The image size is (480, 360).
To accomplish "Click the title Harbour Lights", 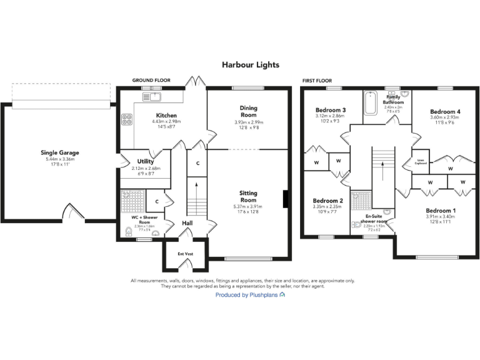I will click(250, 64).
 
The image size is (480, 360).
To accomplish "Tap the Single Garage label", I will click(60, 152).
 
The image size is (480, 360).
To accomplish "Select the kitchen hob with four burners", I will click(127, 119).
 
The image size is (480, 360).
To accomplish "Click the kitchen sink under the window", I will click(152, 97).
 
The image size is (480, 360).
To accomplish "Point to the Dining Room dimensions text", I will click(248, 125).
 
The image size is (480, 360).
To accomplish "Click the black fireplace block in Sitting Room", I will click(286, 199).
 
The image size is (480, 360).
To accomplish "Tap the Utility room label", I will click(145, 161).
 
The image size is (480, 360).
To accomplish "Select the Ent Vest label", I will click(185, 254).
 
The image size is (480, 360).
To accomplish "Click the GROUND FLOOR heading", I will click(151, 81).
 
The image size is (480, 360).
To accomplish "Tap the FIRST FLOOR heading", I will click(317, 81).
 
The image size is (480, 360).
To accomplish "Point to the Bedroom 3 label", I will click(331, 110).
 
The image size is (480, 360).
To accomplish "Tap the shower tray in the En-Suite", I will click(361, 201).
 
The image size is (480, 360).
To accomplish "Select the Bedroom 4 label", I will click(444, 112).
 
